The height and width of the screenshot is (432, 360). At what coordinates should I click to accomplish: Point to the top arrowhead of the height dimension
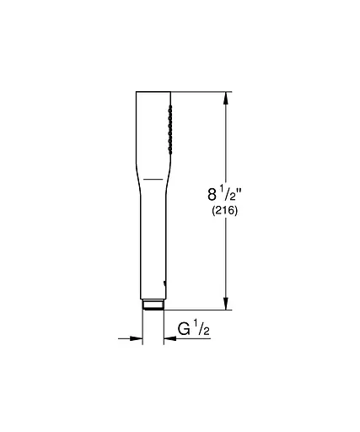(x=224, y=97)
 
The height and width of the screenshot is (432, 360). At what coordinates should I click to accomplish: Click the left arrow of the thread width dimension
(x=135, y=339)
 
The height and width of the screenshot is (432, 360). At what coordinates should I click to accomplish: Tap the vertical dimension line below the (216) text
(x=224, y=262)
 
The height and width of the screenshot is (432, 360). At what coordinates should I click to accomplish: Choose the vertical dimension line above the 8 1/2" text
(x=224, y=139)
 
